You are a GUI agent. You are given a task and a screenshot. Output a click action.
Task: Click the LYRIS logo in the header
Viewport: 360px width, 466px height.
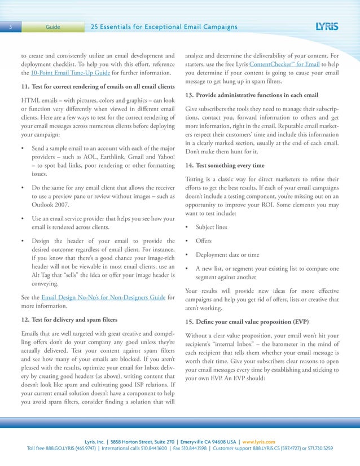(x=328, y=27)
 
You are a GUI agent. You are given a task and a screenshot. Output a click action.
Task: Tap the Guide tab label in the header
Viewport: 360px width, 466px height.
(x=53, y=27)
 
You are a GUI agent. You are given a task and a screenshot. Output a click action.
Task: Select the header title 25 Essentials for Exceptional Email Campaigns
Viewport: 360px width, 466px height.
(x=164, y=27)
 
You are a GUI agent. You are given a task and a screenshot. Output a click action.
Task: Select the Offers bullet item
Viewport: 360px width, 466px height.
(x=204, y=241)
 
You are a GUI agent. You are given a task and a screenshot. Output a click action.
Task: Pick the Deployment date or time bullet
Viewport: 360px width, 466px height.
(x=227, y=254)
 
